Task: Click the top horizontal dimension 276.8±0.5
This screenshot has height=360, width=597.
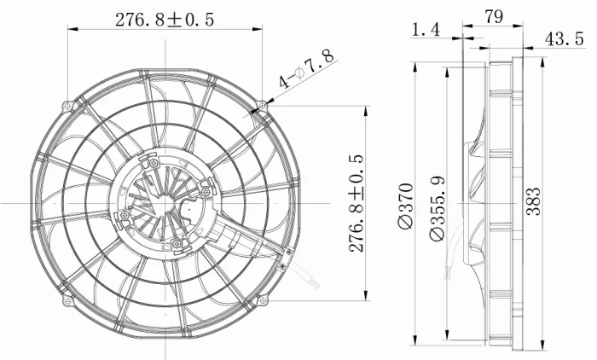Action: (x=164, y=19)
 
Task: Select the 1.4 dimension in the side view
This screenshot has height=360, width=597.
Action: (x=426, y=31)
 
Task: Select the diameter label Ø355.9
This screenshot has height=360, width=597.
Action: (x=437, y=206)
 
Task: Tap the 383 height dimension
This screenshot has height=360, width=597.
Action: (x=533, y=203)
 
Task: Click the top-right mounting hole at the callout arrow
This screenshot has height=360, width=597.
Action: (x=261, y=107)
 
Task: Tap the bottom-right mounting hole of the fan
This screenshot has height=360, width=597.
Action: (x=261, y=299)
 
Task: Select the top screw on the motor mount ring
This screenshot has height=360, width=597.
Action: (x=152, y=160)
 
